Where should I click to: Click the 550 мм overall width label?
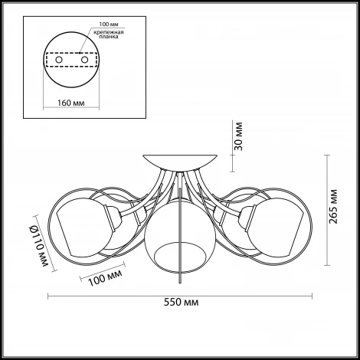coord(181,303)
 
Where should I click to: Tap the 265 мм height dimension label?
coord(333,207)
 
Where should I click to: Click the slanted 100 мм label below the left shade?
coord(105,277)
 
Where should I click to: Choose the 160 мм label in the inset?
coord(70,103)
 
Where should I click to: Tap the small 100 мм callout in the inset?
coord(109,25)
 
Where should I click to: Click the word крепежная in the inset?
coord(109,32)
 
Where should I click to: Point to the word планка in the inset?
coord(109,37)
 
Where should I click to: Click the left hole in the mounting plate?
coord(59,60)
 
